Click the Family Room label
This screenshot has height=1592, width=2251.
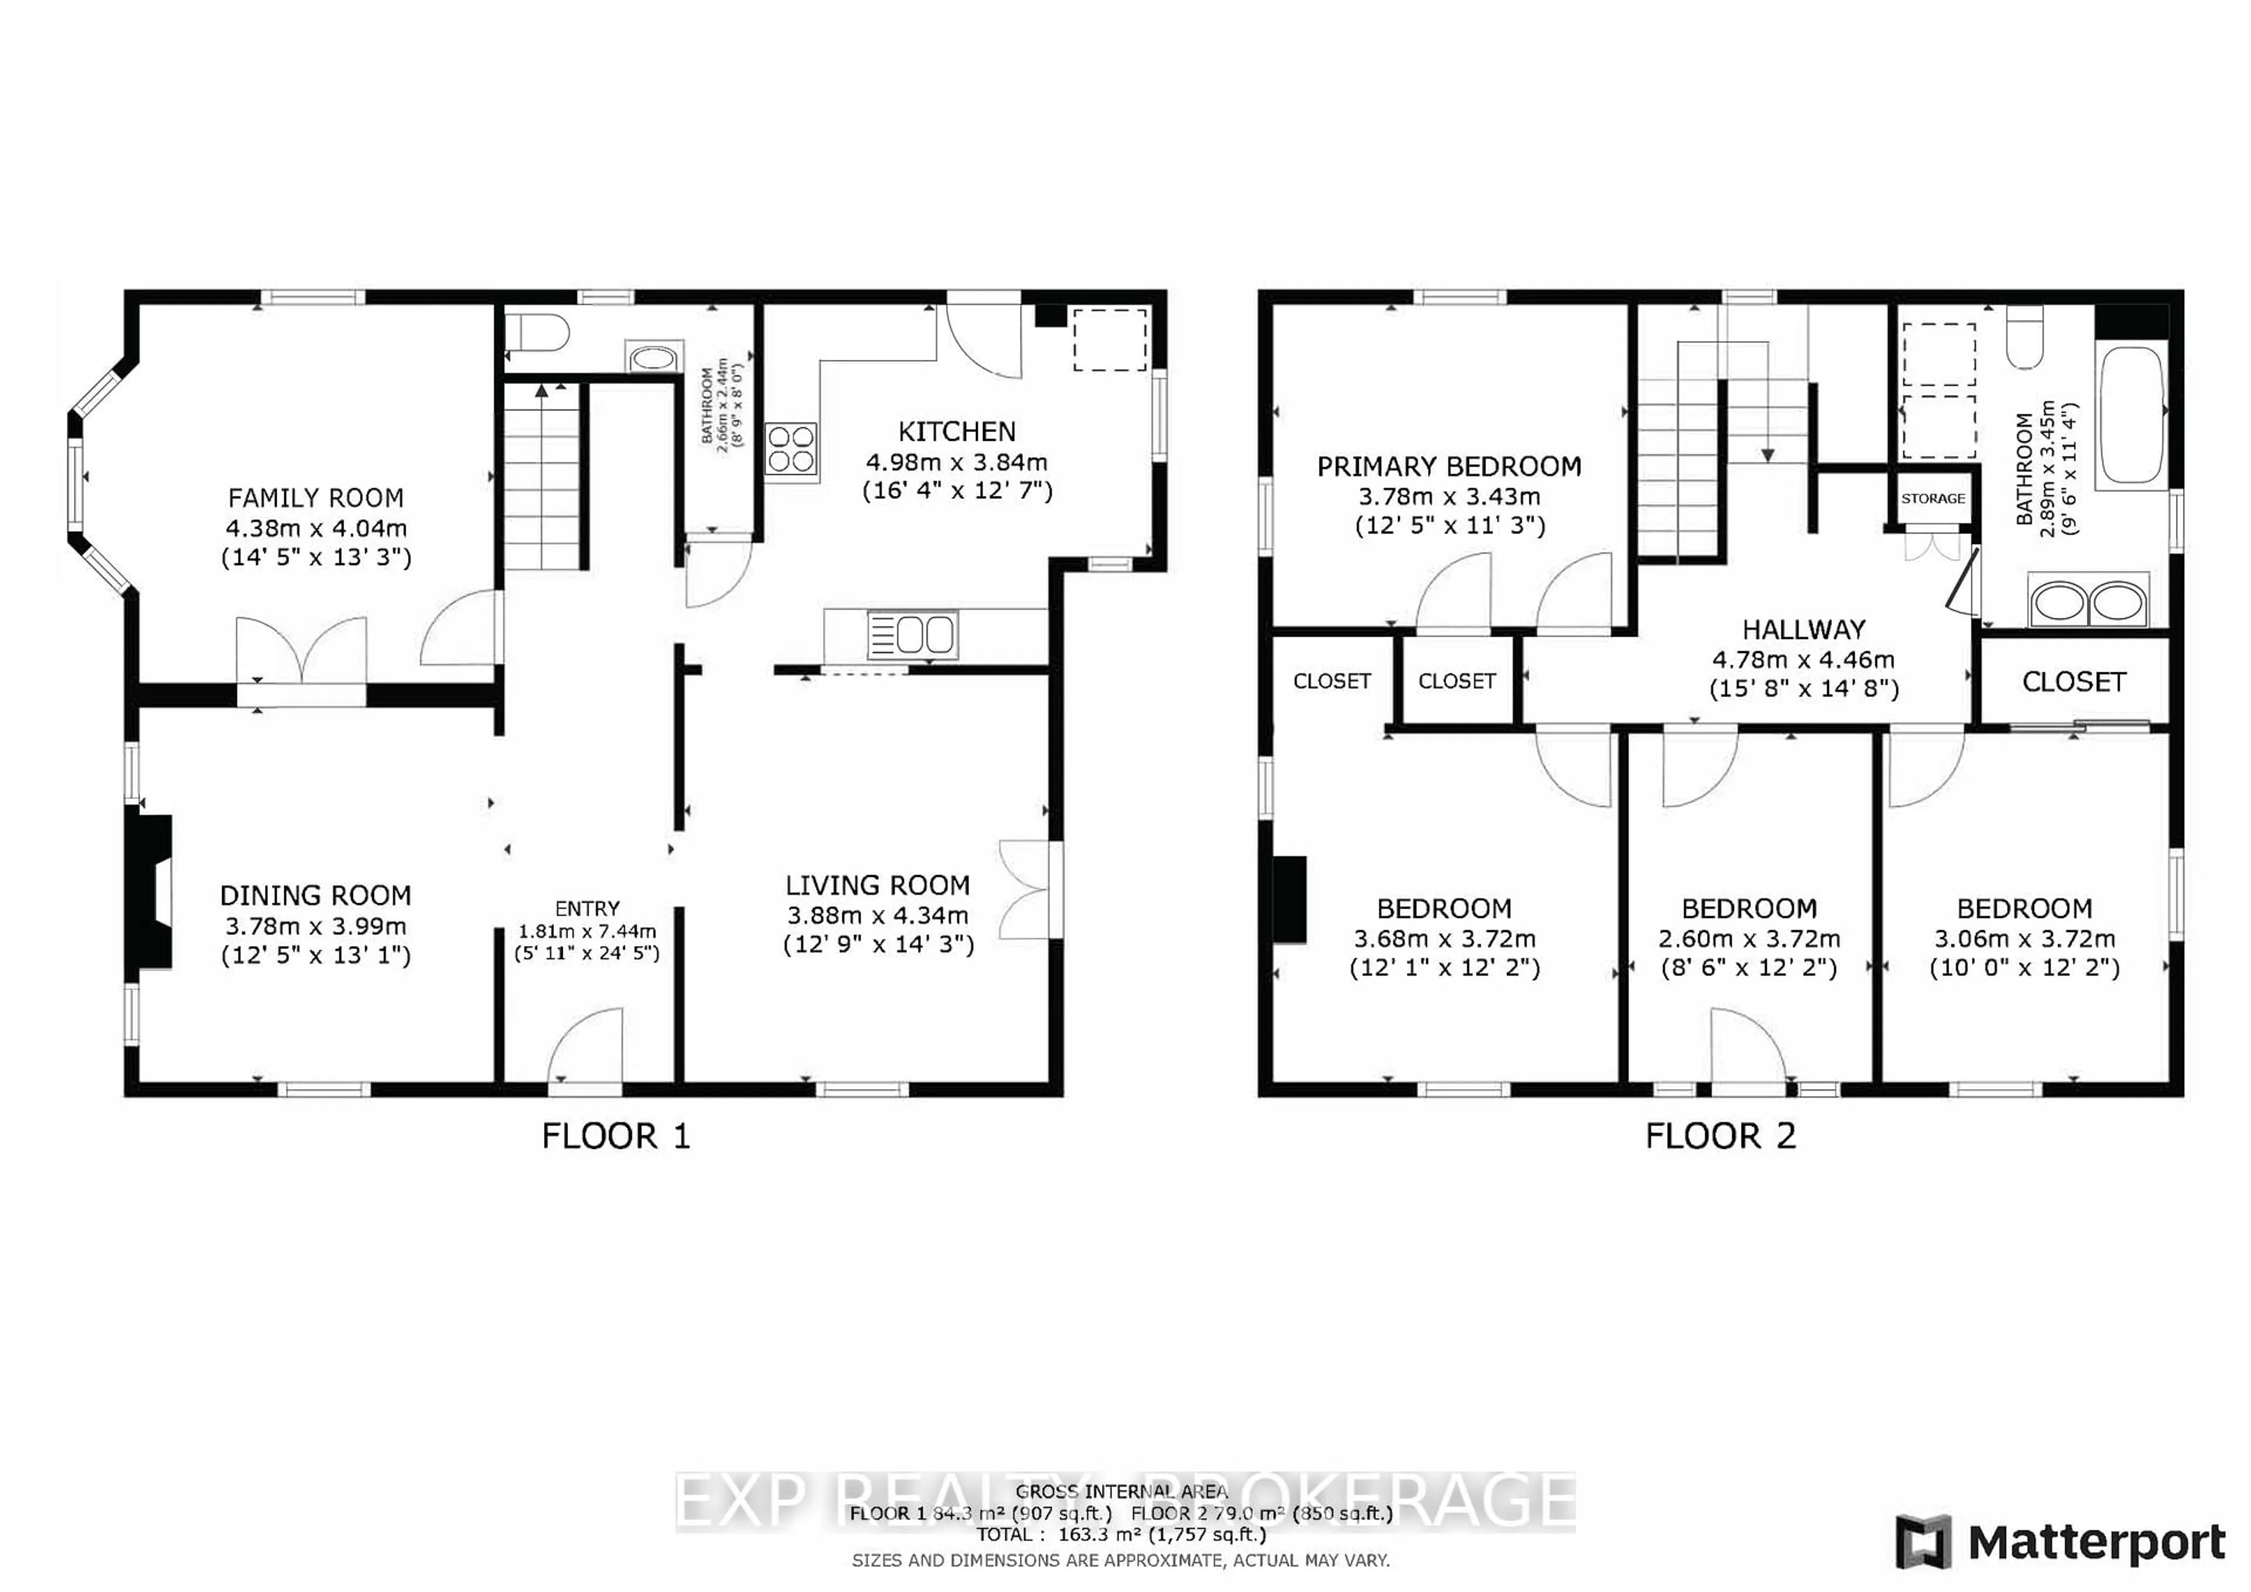(316, 498)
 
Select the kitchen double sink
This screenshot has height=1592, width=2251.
(912, 634)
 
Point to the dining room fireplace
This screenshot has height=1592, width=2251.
(151, 892)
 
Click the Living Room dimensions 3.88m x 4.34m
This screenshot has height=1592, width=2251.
(878, 916)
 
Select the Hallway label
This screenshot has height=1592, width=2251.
(1803, 630)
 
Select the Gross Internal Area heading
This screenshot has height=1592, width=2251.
(1121, 1492)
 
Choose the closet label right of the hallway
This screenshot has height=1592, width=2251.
(2073, 682)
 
